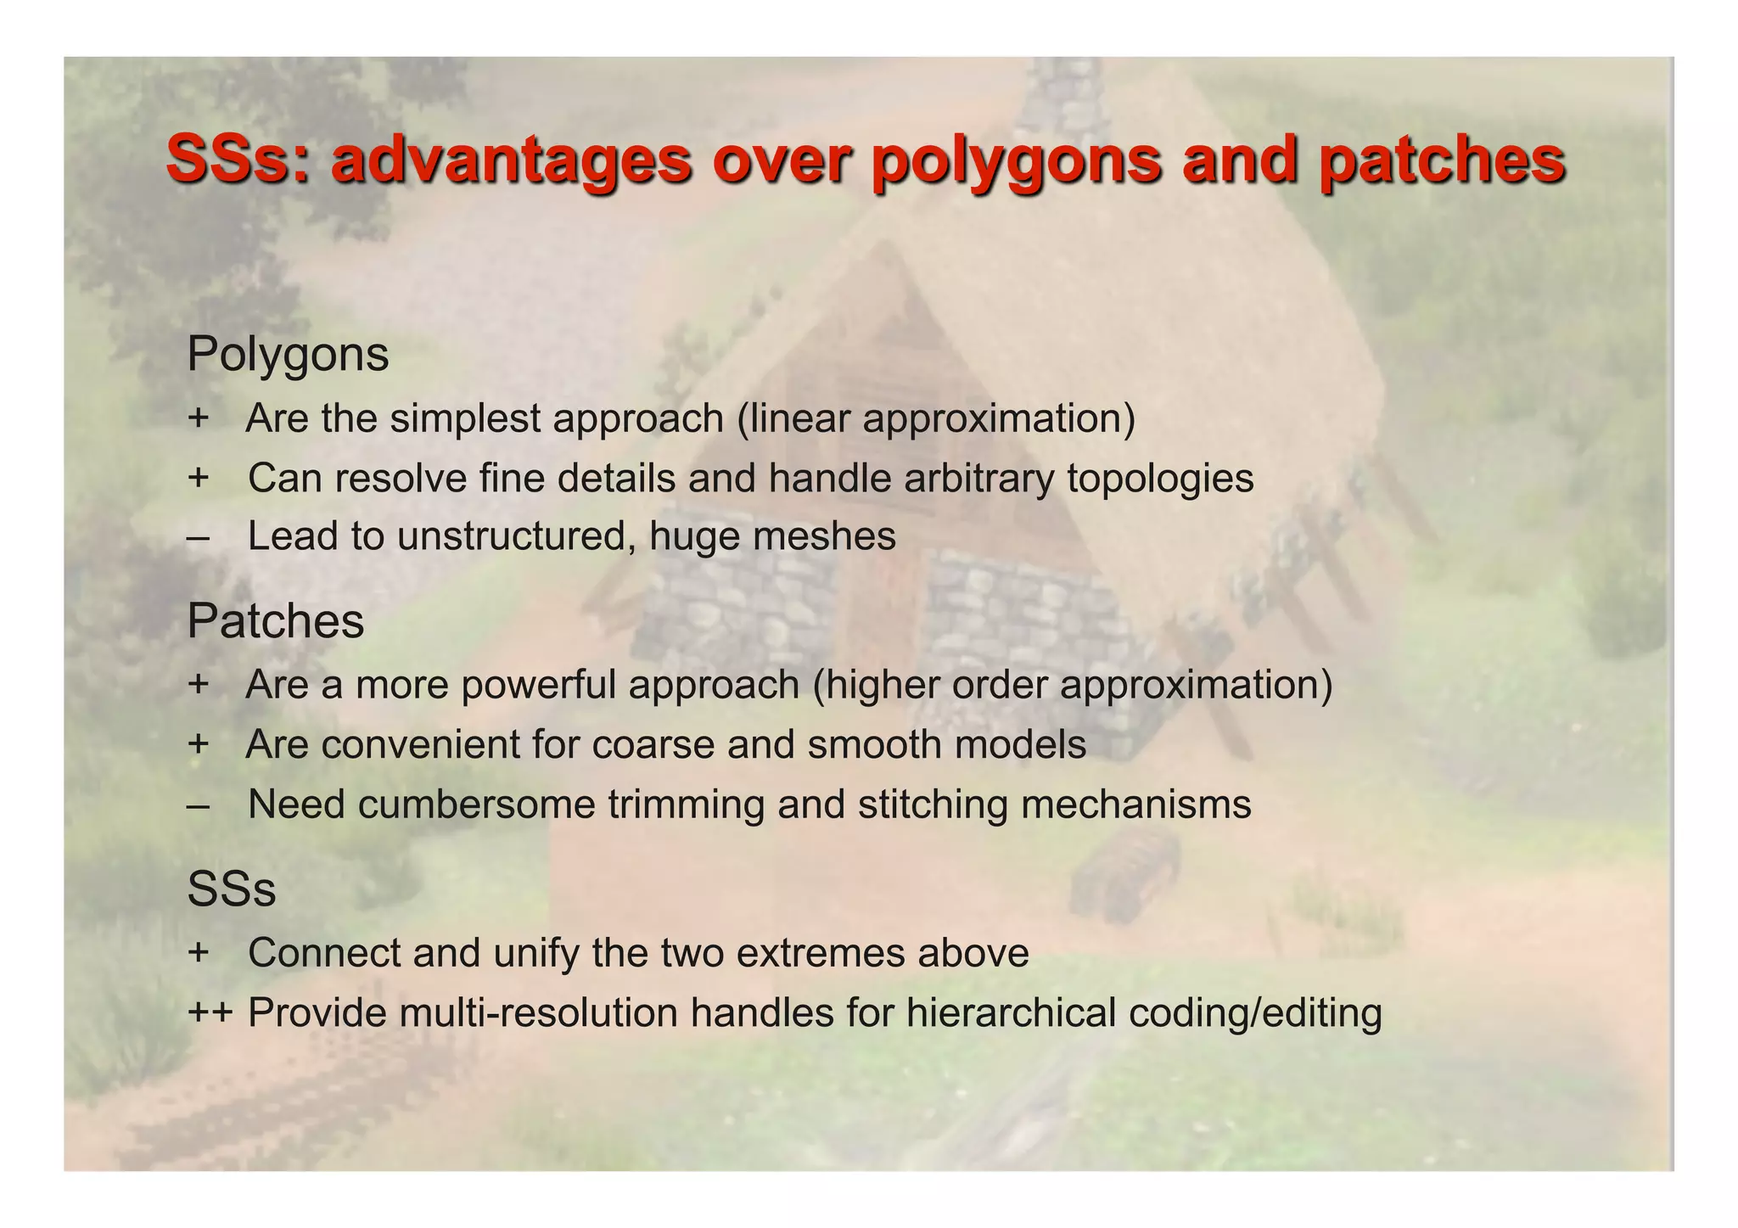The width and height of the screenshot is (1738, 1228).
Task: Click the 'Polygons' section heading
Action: (x=288, y=355)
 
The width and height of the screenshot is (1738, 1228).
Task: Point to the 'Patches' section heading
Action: (x=275, y=621)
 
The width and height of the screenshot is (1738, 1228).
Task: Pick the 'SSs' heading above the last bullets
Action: (x=231, y=889)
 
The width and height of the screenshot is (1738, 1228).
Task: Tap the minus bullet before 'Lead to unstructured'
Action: (x=198, y=537)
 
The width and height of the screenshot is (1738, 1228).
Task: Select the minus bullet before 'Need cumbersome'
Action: (x=198, y=805)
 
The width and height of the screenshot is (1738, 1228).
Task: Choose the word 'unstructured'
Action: (x=516, y=537)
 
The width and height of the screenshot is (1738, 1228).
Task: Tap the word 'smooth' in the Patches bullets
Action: (x=874, y=745)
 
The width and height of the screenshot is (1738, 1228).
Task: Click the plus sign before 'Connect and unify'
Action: (x=198, y=952)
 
